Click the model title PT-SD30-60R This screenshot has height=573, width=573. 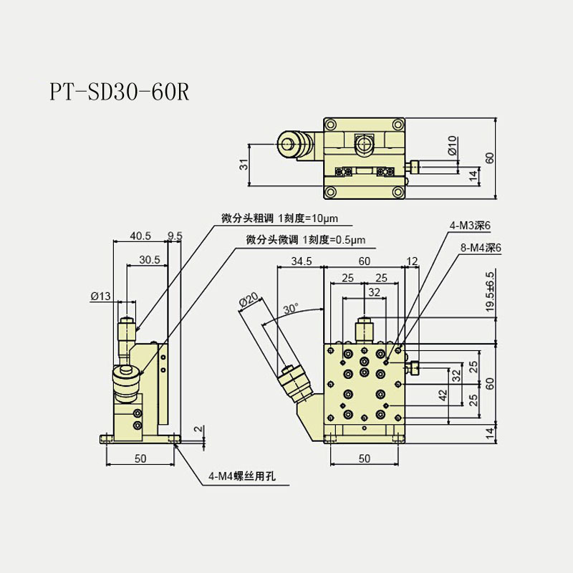pyautogui.click(x=119, y=93)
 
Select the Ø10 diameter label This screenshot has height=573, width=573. pyautogui.click(x=452, y=147)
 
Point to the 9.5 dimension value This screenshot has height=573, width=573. pyautogui.click(x=175, y=236)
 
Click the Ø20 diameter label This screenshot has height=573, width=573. pyautogui.click(x=249, y=300)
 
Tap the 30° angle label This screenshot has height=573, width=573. pyautogui.click(x=290, y=309)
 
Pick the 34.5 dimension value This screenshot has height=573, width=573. pyautogui.click(x=300, y=261)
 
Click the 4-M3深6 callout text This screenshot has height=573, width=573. pyautogui.click(x=470, y=226)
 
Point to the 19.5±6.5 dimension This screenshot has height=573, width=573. pyautogui.click(x=490, y=290)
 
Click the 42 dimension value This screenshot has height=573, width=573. pyautogui.click(x=443, y=393)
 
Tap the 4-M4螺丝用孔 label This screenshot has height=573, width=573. pyautogui.click(x=239, y=475)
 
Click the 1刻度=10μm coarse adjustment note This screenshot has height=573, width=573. pyautogui.click(x=307, y=218)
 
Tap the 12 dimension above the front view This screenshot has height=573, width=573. pyautogui.click(x=411, y=261)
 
